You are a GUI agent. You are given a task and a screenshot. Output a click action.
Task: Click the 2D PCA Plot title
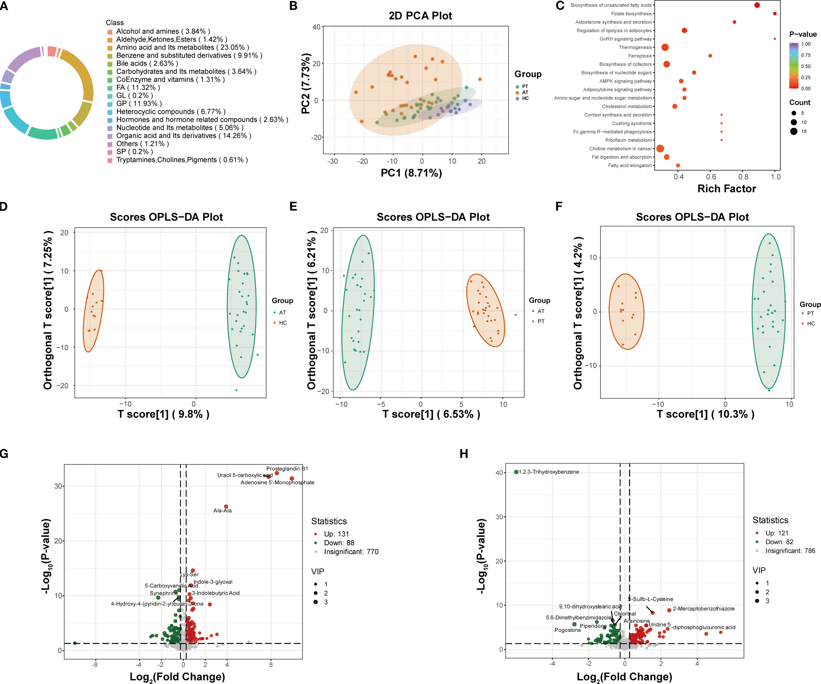[420, 16]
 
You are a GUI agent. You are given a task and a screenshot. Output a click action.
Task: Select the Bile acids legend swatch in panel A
[110, 64]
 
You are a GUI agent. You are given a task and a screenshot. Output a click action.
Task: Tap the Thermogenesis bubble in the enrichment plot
[665, 47]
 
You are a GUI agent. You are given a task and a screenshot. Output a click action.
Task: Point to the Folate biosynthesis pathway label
[632, 14]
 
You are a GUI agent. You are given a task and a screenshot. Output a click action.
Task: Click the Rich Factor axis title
[726, 189]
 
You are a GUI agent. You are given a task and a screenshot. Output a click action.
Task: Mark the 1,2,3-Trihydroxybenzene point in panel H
[516, 472]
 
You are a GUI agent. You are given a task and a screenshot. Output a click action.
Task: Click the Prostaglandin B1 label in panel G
[287, 468]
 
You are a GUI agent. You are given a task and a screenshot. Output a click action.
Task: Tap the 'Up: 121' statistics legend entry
[776, 533]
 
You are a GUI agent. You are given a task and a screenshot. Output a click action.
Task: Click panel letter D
[4, 206]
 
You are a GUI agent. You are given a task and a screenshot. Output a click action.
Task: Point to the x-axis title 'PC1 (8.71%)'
[411, 173]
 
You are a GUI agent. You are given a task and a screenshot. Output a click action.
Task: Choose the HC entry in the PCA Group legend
[525, 98]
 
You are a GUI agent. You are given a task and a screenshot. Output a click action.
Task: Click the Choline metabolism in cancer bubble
[660, 148]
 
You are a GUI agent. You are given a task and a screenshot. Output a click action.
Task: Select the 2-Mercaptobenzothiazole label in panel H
[703, 609]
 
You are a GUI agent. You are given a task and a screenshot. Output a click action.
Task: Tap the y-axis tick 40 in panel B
[316, 27]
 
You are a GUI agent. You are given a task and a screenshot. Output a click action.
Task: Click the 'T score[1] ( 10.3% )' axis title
[705, 414]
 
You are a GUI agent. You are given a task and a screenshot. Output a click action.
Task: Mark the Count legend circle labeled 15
[794, 131]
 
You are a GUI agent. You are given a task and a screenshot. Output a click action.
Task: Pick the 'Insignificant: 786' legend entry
[790, 551]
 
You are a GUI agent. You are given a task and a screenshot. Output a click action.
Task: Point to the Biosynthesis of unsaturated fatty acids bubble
[757, 5]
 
